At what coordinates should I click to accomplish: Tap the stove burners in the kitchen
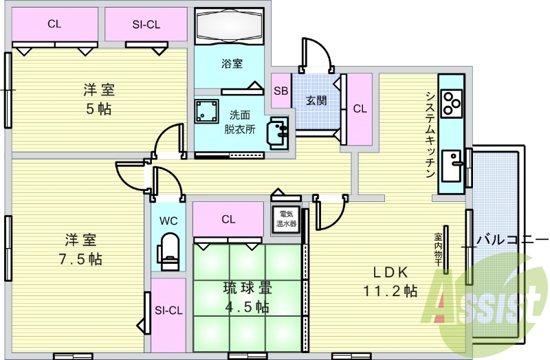(x=452, y=104)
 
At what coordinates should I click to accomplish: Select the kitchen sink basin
(x=451, y=166)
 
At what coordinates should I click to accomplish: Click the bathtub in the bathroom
(x=230, y=25)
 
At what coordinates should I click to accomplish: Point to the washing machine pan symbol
(x=207, y=111)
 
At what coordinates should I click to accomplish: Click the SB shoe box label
(x=281, y=91)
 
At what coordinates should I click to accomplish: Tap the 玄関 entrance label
(x=316, y=100)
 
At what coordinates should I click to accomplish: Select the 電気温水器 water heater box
(x=287, y=218)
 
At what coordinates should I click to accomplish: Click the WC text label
(x=168, y=221)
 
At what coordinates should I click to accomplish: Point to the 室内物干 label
(x=439, y=249)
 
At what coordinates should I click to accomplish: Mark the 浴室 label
(x=232, y=63)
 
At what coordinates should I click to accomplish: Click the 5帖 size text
(x=99, y=109)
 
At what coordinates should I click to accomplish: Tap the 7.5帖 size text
(x=80, y=259)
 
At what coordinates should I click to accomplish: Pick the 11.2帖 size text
(x=390, y=291)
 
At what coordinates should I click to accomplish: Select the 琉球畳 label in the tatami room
(x=247, y=288)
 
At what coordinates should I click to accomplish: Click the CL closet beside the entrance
(x=360, y=109)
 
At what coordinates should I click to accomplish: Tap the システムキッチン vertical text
(x=430, y=135)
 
